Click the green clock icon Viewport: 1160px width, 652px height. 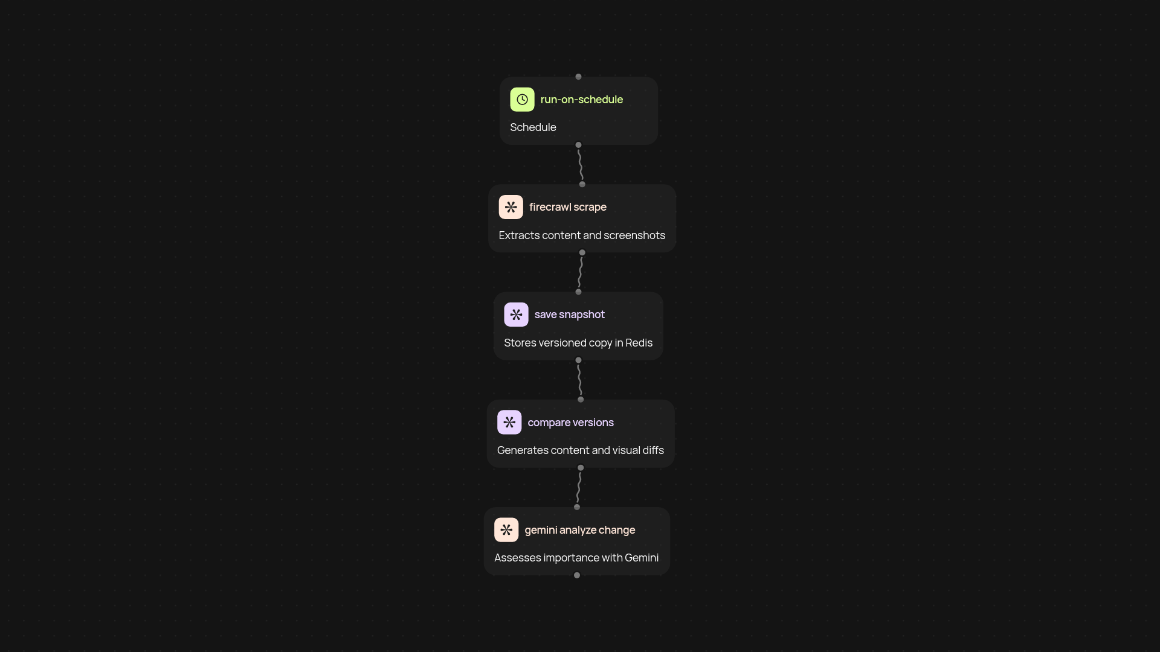pos(522,100)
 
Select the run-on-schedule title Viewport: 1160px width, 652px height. pos(582,100)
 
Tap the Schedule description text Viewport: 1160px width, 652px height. pos(533,127)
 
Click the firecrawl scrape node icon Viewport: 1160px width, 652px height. pos(511,207)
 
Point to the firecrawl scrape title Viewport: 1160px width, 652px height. pos(568,207)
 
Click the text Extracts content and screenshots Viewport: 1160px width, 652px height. pos(582,235)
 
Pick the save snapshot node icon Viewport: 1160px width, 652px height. pos(516,315)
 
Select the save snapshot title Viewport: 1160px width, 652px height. pos(570,315)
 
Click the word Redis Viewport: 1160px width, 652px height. pos(639,343)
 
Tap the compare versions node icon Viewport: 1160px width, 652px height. pos(509,423)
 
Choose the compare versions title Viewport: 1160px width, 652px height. pos(571,423)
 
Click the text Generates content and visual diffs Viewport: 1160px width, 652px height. pos(581,450)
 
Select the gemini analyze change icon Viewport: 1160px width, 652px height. pos(506,530)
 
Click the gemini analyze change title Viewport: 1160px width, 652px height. pos(580,530)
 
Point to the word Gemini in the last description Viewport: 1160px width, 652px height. pos(642,558)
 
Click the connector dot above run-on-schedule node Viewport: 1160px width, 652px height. pos(579,77)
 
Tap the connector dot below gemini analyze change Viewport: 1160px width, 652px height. pos(577,575)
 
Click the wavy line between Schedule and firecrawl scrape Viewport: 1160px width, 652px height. pos(580,165)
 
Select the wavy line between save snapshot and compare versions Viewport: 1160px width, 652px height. pos(579,380)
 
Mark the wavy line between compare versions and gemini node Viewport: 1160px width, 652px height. pos(579,487)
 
